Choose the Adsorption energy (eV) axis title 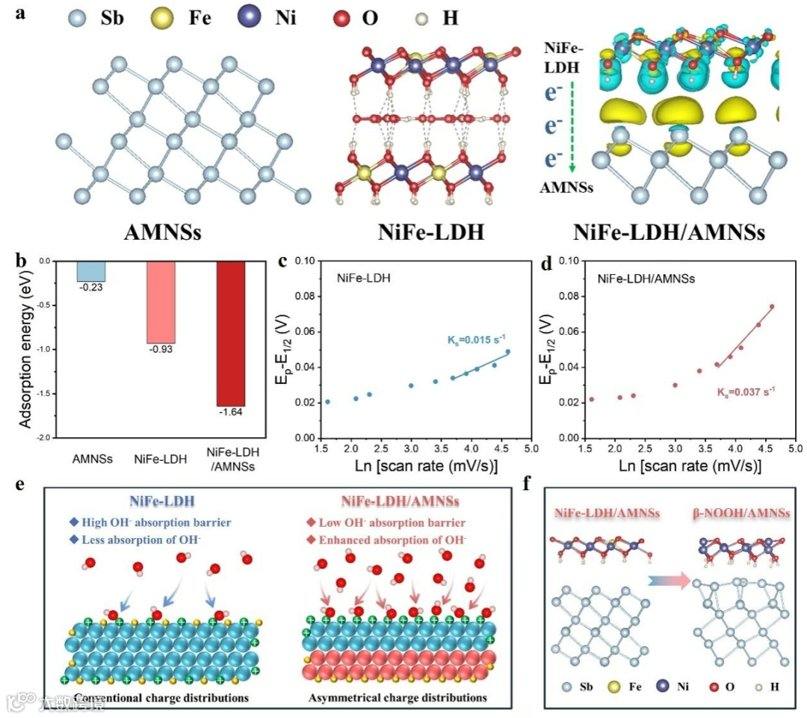point(24,350)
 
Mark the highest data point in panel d point(772,306)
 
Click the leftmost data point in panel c point(327,402)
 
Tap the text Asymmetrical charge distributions point(398,698)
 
